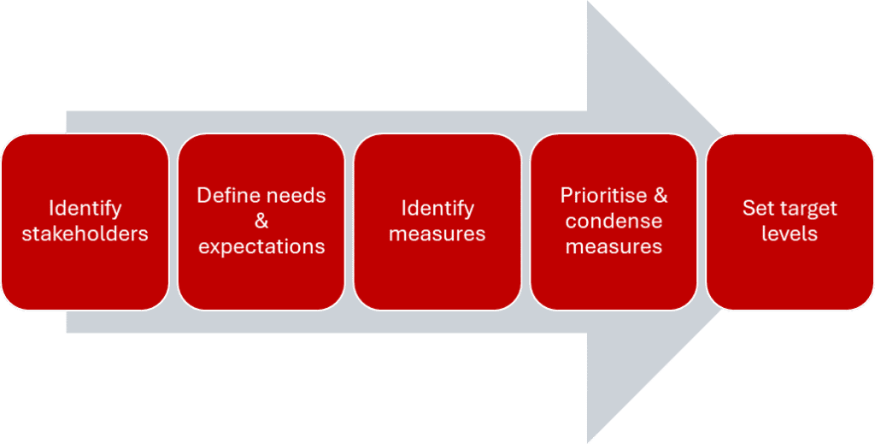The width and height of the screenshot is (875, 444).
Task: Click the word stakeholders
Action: [85, 234]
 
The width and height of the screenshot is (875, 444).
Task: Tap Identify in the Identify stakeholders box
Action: [85, 209]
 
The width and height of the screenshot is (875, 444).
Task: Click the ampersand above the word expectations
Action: [261, 222]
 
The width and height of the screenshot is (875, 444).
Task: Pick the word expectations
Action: [261, 247]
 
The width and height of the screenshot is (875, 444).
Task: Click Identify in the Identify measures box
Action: [437, 209]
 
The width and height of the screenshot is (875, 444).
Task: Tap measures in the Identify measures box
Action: [437, 234]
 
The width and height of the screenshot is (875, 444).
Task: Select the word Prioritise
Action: [602, 196]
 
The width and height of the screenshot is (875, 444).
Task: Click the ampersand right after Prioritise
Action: [660, 196]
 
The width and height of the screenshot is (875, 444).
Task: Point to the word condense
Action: [614, 222]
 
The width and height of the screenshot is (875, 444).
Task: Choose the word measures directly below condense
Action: [614, 247]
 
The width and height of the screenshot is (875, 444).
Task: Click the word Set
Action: [758, 209]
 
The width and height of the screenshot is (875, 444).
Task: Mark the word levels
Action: [790, 234]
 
